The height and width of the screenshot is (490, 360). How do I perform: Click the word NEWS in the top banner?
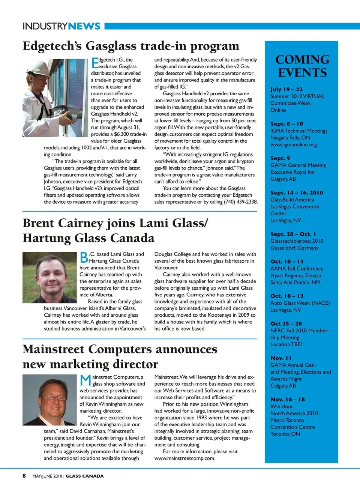(x=84, y=26)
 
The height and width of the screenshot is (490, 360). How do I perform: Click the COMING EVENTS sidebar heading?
(x=302, y=66)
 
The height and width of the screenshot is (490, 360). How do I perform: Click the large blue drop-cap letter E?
(x=95, y=63)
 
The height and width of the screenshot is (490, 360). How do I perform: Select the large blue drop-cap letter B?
(x=84, y=257)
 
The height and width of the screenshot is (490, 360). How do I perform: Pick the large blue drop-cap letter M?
(x=85, y=380)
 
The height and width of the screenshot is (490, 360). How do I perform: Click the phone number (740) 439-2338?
(x=240, y=202)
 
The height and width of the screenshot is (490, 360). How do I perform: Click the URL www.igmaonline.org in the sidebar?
(x=293, y=144)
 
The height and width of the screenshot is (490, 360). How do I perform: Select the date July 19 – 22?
(x=286, y=89)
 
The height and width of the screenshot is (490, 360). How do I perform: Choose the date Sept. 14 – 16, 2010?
(x=296, y=192)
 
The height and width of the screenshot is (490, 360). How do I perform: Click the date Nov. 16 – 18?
(x=287, y=399)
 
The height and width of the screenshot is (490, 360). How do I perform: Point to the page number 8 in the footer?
(x=24, y=476)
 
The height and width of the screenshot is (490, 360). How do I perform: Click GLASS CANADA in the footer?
(x=84, y=476)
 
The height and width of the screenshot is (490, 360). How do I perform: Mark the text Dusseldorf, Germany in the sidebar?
(x=294, y=248)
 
